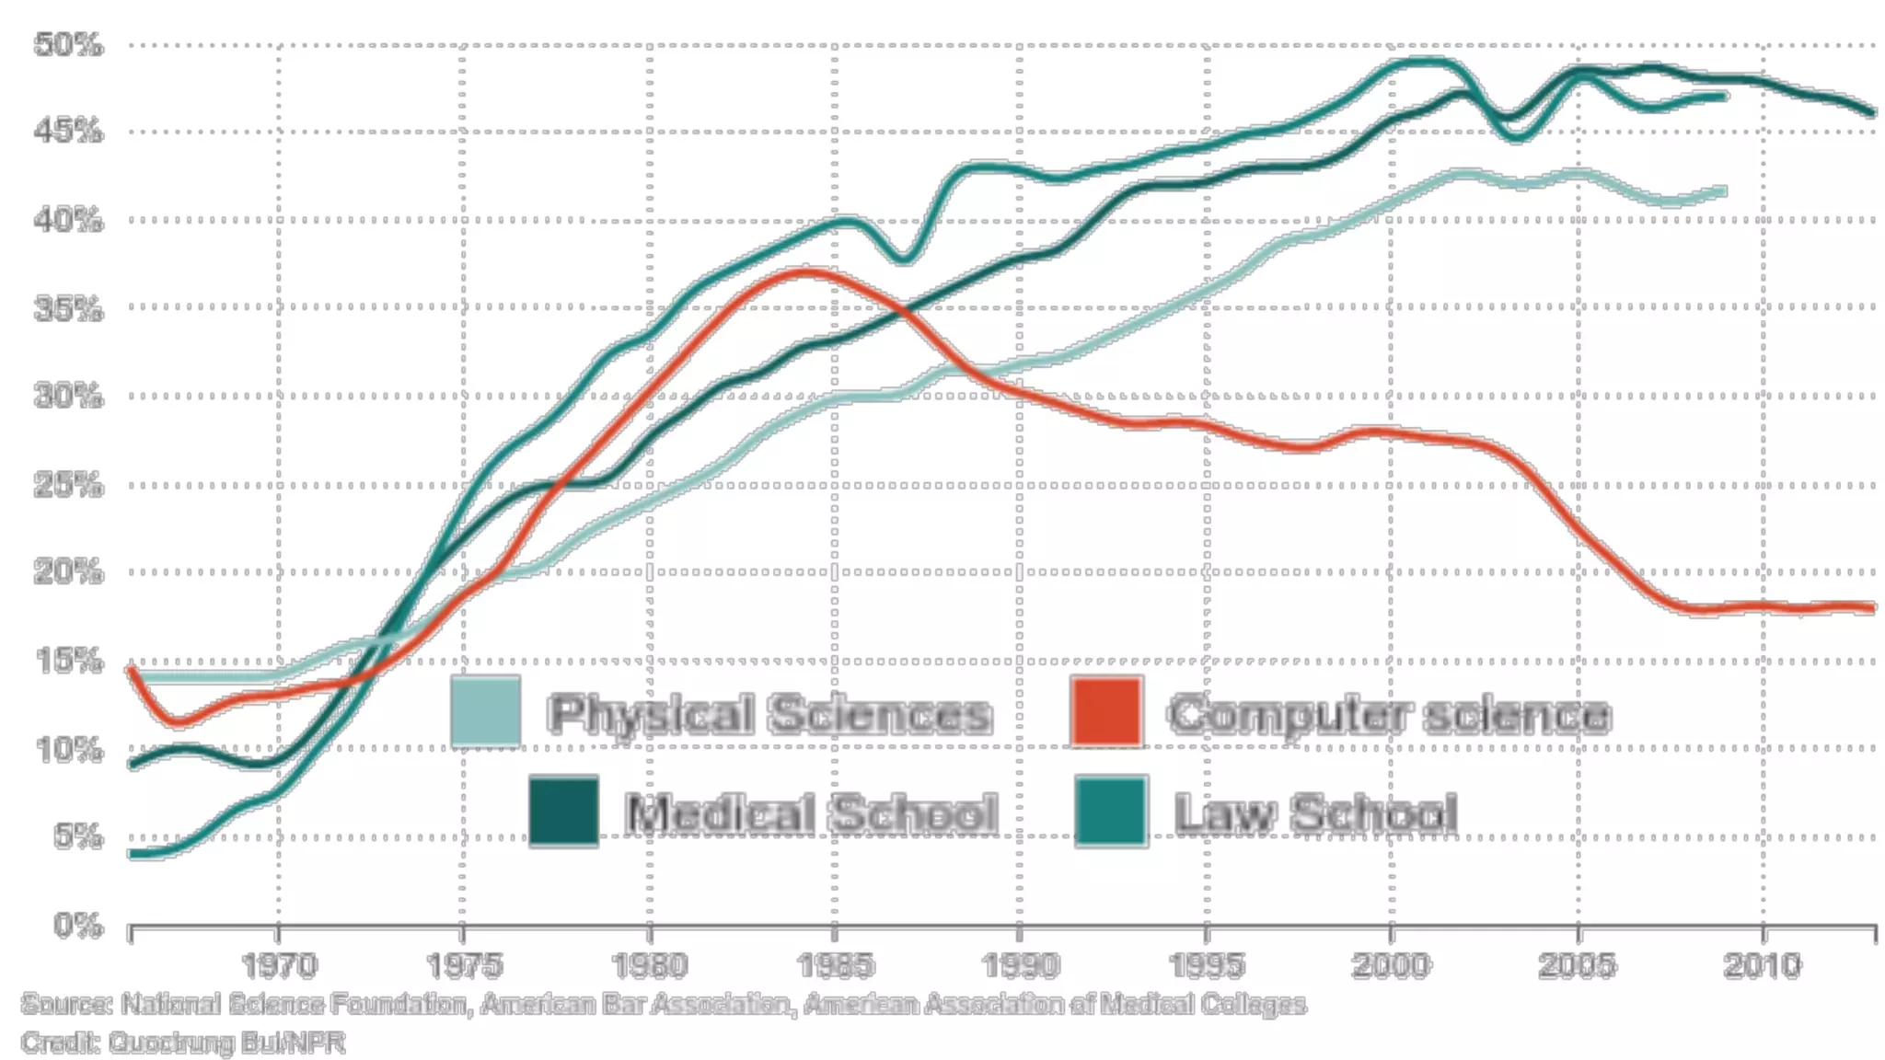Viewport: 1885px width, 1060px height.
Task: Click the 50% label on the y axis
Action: coord(69,44)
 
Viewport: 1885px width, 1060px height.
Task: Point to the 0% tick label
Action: coord(78,924)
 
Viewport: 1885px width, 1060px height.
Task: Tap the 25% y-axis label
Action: coord(69,484)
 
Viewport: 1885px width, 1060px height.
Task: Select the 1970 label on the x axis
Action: coord(279,965)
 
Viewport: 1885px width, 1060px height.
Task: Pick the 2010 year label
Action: coord(1763,965)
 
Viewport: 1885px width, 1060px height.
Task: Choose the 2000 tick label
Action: coord(1392,965)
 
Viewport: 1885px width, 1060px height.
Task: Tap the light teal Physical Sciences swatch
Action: coord(486,711)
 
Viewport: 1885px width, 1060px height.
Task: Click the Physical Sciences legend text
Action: coord(769,714)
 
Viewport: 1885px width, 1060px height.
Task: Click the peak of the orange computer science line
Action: coord(806,271)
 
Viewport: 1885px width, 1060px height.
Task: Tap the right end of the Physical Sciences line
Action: coord(1723,191)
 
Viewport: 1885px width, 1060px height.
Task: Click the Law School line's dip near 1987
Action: coord(904,259)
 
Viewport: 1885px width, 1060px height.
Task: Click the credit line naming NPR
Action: coord(183,1043)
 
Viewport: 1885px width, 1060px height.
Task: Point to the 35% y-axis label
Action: coord(69,308)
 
